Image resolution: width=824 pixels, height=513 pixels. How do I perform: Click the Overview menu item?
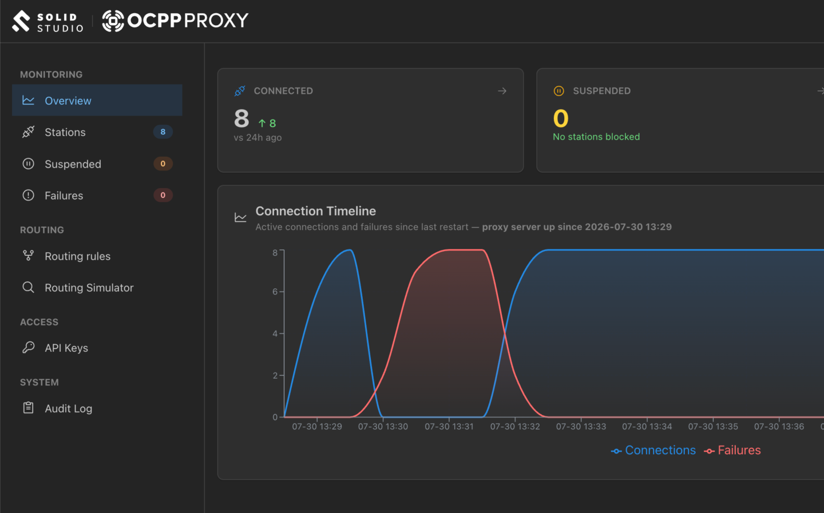tap(97, 101)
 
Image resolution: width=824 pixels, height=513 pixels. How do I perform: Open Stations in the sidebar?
tap(65, 132)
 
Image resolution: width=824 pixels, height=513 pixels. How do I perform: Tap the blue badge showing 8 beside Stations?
tap(163, 132)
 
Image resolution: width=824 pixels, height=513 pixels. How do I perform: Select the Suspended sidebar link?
tap(73, 164)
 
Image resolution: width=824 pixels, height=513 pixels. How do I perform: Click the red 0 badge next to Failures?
tap(163, 195)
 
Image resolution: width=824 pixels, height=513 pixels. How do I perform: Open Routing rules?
tap(77, 256)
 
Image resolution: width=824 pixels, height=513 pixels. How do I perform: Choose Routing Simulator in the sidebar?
tap(89, 288)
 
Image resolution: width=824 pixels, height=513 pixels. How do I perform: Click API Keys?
tap(66, 348)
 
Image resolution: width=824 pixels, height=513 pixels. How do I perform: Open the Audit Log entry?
tap(69, 408)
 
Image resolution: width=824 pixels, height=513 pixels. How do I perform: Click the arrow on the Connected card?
tap(502, 91)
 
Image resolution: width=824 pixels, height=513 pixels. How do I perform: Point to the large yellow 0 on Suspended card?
tap(561, 118)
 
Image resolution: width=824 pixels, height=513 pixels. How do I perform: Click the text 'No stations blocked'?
tap(596, 137)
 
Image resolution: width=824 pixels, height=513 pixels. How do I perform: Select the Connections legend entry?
tap(653, 450)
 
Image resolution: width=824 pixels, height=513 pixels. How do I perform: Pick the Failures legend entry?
tap(732, 450)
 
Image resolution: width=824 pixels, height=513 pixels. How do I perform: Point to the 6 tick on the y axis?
tap(275, 292)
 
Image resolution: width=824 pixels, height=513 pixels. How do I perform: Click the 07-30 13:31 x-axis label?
tap(449, 427)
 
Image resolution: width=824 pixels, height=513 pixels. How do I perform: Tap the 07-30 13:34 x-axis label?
tap(647, 427)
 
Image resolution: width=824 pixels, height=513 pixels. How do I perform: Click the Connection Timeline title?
tap(316, 211)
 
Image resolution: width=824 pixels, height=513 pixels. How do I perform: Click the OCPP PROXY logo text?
tap(188, 21)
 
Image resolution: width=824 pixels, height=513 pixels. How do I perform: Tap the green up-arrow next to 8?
tap(262, 123)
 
